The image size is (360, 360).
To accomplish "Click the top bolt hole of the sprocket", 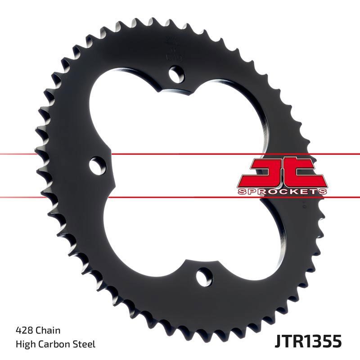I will pyautogui.click(x=177, y=72).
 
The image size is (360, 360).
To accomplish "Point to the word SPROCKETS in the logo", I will pyautogui.click(x=282, y=191).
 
